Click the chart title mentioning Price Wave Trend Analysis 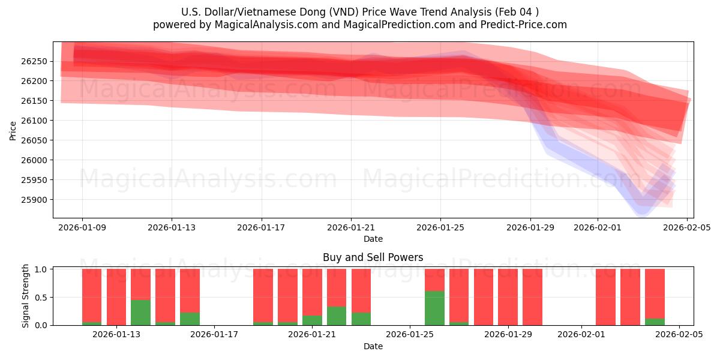click(x=360, y=12)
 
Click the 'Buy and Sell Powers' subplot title click(x=373, y=257)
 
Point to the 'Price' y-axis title click(x=13, y=130)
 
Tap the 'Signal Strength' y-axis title click(x=25, y=296)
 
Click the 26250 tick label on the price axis click(x=34, y=61)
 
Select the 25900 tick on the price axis click(x=34, y=200)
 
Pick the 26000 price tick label click(x=34, y=160)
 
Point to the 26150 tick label click(x=34, y=101)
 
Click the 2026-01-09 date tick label click(x=82, y=227)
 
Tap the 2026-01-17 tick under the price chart click(x=262, y=227)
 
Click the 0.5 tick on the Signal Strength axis click(x=41, y=298)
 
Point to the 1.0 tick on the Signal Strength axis click(x=41, y=269)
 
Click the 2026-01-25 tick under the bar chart click(x=410, y=335)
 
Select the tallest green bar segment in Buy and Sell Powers click(x=434, y=308)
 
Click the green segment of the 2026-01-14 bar click(x=140, y=313)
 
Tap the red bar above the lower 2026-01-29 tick click(x=508, y=297)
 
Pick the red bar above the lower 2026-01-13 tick click(x=116, y=297)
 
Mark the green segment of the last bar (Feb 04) click(x=655, y=322)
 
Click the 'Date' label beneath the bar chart click(x=373, y=346)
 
